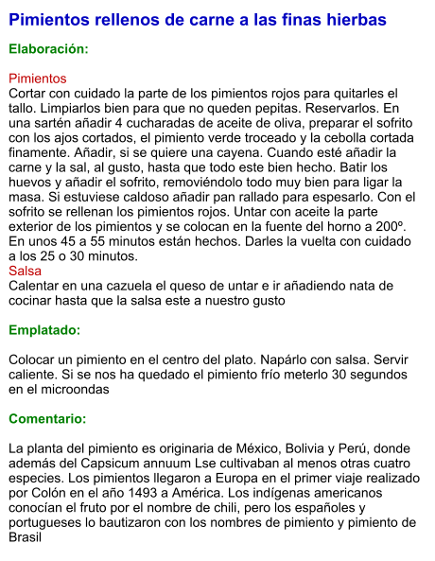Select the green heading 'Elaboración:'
(x=48, y=48)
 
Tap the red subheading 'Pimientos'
(x=38, y=79)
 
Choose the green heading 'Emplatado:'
(x=44, y=330)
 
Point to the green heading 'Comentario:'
(x=47, y=418)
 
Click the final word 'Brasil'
(x=26, y=537)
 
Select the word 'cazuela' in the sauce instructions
(x=140, y=286)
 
